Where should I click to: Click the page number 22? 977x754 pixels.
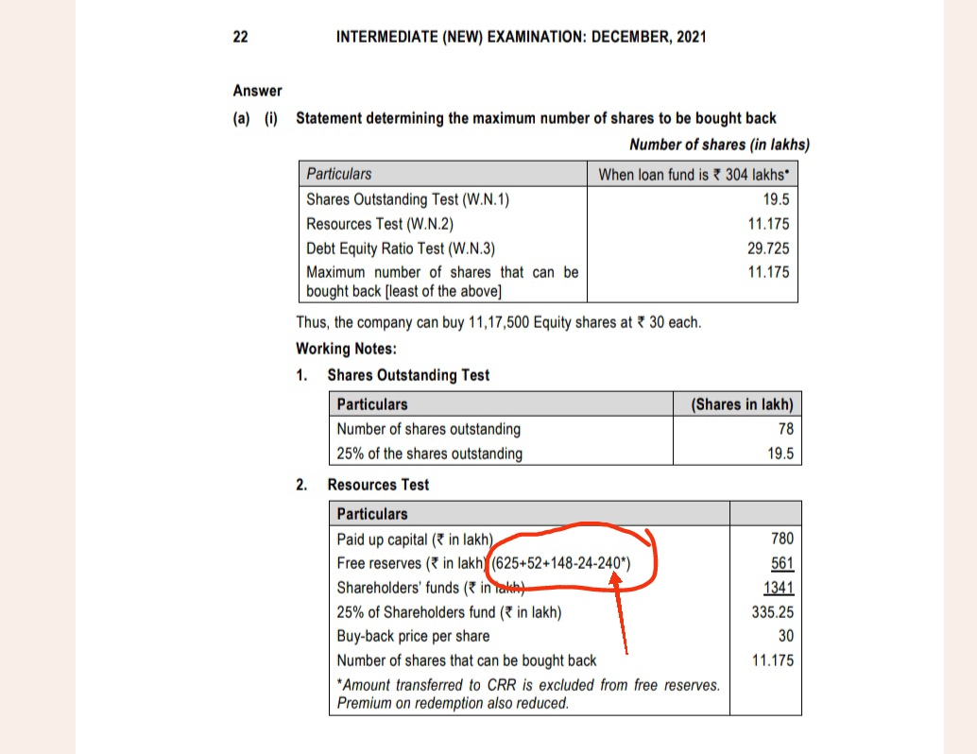pyautogui.click(x=240, y=37)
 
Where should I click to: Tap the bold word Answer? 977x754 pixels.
pyautogui.click(x=257, y=91)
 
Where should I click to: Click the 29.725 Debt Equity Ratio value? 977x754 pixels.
pyautogui.click(x=769, y=248)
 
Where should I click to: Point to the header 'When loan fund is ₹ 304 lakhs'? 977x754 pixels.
pyautogui.click(x=694, y=175)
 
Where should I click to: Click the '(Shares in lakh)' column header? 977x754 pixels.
pyautogui.click(x=743, y=404)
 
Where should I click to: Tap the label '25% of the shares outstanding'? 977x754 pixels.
pyautogui.click(x=429, y=454)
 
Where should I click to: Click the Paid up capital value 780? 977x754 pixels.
pyautogui.click(x=782, y=539)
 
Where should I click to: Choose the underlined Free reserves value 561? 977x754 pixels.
pyautogui.click(x=782, y=563)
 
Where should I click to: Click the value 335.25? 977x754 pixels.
pyautogui.click(x=772, y=612)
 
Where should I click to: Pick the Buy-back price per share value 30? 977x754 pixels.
pyautogui.click(x=785, y=636)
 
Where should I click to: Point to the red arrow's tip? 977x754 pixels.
pyautogui.click(x=616, y=574)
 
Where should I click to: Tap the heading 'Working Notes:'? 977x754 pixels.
pyautogui.click(x=346, y=349)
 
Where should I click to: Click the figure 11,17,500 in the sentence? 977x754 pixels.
pyautogui.click(x=506, y=322)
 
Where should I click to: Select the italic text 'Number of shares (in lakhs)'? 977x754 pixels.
pyautogui.click(x=719, y=145)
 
